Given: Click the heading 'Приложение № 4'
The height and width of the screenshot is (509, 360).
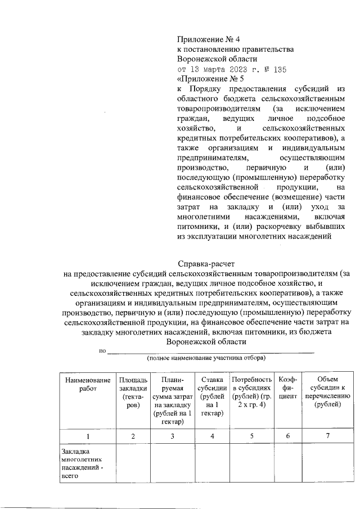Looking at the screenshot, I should (208, 39).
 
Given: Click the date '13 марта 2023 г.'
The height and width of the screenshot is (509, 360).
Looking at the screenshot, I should (219, 69).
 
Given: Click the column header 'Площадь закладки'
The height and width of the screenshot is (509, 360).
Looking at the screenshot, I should (133, 392).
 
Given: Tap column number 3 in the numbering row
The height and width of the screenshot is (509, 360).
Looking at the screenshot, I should (172, 436).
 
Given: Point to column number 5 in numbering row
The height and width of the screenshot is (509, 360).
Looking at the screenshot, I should (251, 436).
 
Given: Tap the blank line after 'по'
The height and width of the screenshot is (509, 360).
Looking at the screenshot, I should (210, 352).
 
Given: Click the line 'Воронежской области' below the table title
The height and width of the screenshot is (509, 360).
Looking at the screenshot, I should (206, 342).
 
